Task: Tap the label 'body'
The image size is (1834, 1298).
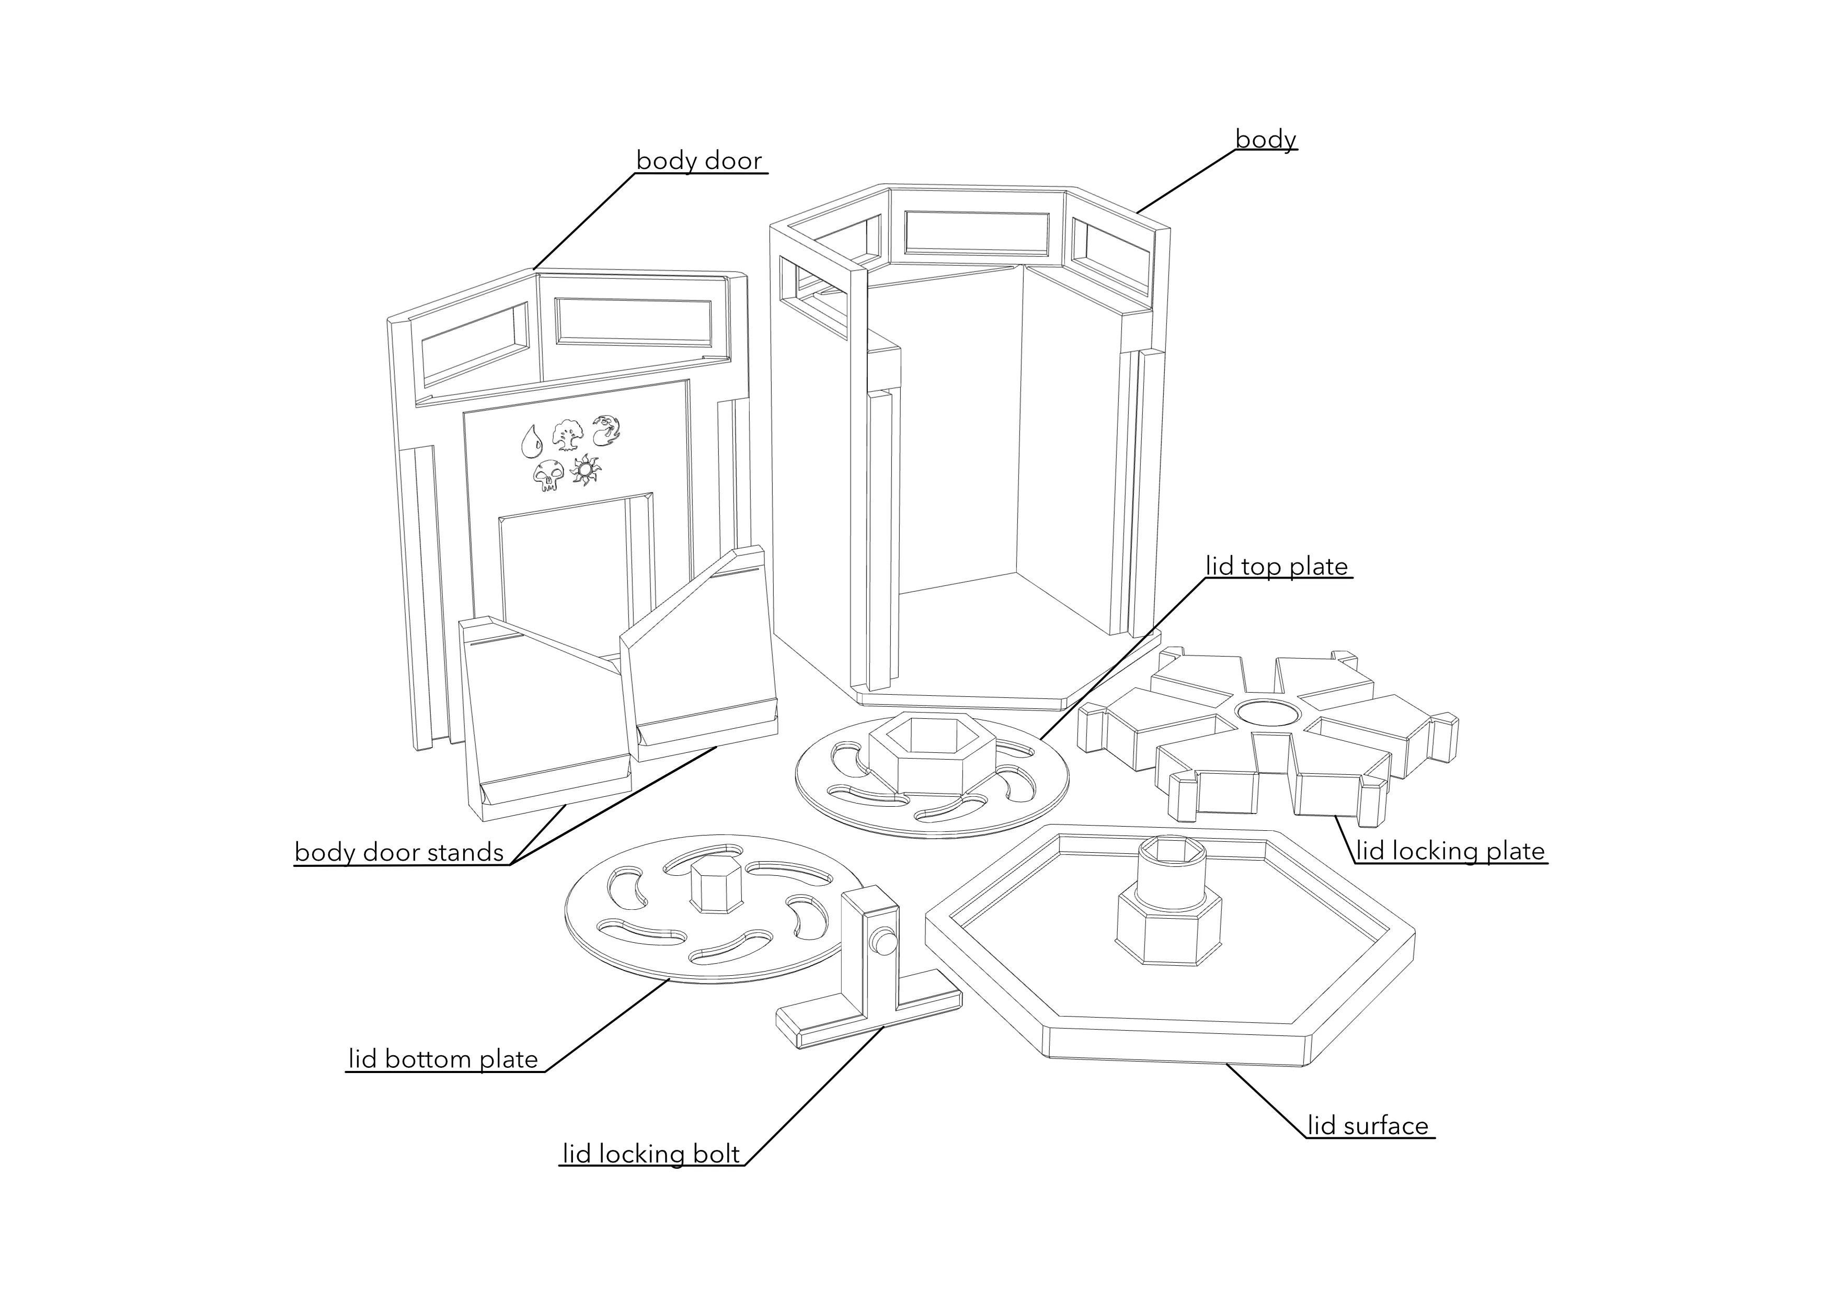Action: click(1265, 139)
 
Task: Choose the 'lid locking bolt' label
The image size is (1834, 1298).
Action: click(651, 1154)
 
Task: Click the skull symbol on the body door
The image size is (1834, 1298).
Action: click(547, 474)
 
